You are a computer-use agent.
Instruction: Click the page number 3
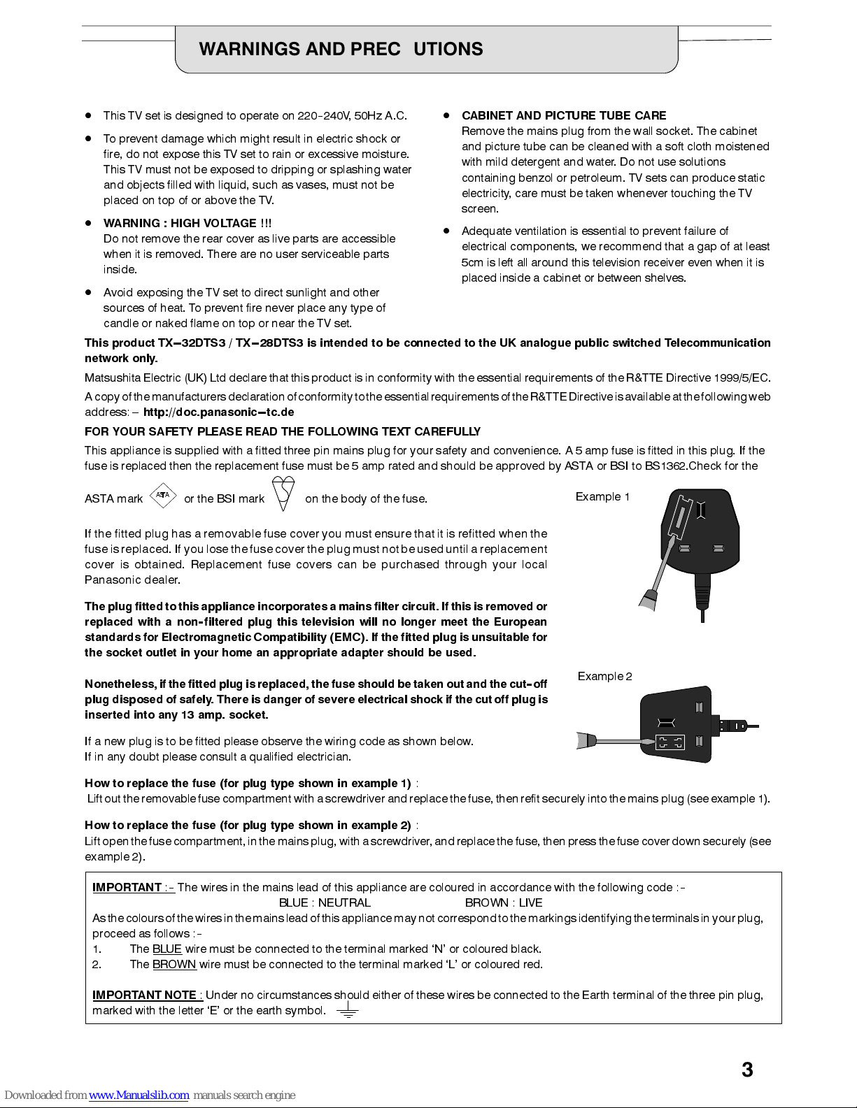pos(747,1070)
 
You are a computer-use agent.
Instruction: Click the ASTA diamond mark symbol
pos(163,495)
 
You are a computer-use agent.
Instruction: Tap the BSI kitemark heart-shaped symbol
pos(283,494)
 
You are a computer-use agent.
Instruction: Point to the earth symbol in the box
pos(347,1010)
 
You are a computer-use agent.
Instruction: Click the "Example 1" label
pos(602,497)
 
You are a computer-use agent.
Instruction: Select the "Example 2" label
pos(604,676)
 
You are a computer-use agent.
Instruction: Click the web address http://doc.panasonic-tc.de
pos(218,412)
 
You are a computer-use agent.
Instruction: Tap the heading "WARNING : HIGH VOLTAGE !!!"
pos(187,223)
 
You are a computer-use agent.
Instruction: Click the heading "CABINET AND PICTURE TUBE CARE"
pos(564,115)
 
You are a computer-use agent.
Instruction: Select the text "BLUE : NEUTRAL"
pos(325,902)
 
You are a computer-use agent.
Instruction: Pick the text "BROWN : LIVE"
pos(504,902)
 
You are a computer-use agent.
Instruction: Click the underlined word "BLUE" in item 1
pos(167,949)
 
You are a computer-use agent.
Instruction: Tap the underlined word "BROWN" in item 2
pos(174,964)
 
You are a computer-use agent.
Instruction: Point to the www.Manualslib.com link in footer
pos(139,1095)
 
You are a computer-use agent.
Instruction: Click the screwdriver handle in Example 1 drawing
pos(646,599)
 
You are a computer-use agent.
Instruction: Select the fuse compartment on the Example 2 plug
pos(669,742)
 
